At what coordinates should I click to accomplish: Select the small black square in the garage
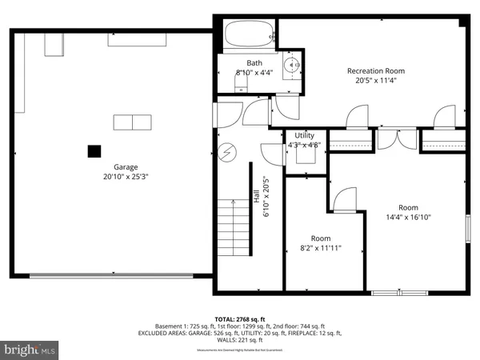[94, 150]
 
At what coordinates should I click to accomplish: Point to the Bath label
[254, 63]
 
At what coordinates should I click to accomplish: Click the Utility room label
[304, 136]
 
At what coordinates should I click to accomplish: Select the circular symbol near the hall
[227, 150]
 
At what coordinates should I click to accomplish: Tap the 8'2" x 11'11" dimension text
[321, 248]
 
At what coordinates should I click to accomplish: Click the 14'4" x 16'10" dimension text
[403, 217]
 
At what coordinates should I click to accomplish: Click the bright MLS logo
[30, 349]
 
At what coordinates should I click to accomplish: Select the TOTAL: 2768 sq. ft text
[240, 318]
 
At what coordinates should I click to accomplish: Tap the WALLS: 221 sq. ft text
[240, 339]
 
